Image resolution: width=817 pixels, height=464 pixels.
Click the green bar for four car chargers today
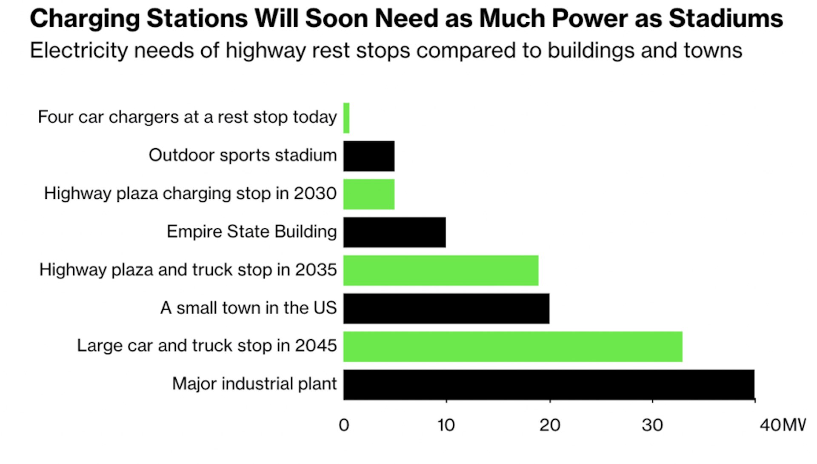tap(346, 118)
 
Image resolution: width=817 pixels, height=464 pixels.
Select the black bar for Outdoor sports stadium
tap(369, 156)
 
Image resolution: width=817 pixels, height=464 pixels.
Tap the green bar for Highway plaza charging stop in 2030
tap(369, 194)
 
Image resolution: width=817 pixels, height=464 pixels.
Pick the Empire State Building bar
tap(394, 232)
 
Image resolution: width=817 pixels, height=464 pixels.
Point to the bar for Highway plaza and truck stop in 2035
tap(441, 270)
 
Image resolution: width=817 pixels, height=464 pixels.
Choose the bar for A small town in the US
tap(446, 308)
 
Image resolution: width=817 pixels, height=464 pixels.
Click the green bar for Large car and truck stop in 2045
tap(513, 347)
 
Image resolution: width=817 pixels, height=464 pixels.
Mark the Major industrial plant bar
tap(549, 384)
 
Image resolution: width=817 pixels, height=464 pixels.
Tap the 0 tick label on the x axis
tap(344, 425)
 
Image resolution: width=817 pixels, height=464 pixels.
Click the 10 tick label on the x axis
tap(446, 425)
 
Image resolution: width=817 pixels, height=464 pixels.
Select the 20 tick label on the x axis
tap(549, 425)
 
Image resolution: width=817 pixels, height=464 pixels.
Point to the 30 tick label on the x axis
tap(652, 425)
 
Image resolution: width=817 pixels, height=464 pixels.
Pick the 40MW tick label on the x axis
tap(782, 425)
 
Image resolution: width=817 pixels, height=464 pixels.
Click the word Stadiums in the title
tap(726, 19)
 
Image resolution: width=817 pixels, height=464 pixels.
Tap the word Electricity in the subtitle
tap(79, 51)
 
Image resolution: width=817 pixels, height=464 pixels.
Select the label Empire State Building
tap(251, 232)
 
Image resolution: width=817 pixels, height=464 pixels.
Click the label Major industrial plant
tap(254, 384)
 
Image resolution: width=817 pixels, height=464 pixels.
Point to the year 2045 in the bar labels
tap(316, 346)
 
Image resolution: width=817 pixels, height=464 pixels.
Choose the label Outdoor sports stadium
tap(243, 155)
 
